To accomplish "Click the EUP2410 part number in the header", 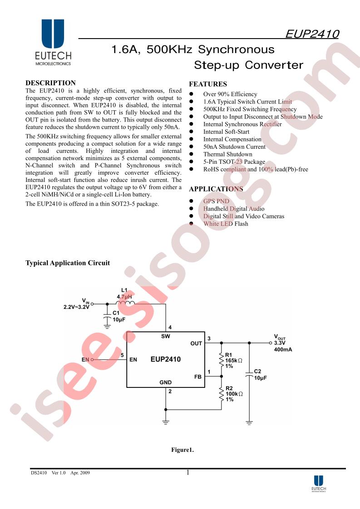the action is (312, 34).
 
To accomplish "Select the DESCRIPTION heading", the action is (50, 83).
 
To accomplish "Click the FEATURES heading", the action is (208, 84).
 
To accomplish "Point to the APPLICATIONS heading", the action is (216, 189).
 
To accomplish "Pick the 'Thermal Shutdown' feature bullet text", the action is (228, 154).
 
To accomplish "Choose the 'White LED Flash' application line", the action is (226, 224).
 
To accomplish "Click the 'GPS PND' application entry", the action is (217, 201).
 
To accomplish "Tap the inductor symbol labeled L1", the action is (125, 303).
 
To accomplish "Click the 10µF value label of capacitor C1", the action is (119, 319).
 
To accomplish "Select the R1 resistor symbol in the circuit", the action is (222, 359).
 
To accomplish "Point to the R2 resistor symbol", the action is (222, 393).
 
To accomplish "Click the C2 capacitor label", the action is (257, 371).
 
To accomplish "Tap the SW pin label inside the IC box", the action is (166, 336).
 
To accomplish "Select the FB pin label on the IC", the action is (198, 377).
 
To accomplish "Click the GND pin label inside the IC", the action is (166, 382).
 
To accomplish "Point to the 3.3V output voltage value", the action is (280, 343).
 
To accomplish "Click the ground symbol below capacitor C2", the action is (249, 422).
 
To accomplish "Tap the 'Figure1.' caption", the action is (182, 450).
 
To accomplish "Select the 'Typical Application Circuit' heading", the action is (68, 263).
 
